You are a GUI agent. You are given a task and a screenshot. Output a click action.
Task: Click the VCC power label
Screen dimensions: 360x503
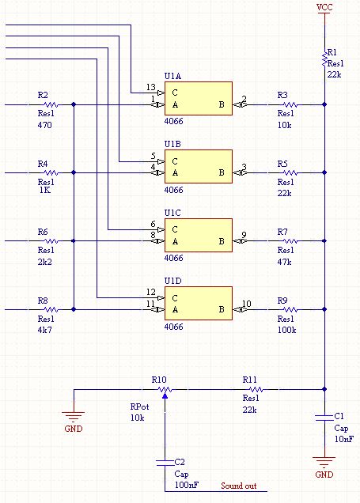pyautogui.click(x=324, y=7)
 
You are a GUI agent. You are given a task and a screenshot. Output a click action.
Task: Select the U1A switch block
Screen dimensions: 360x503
pyautogui.click(x=199, y=98)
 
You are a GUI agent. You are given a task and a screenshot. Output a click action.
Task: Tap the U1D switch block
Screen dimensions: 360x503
pyautogui.click(x=199, y=303)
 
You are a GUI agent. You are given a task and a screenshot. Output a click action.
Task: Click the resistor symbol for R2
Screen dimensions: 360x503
pyautogui.click(x=51, y=104)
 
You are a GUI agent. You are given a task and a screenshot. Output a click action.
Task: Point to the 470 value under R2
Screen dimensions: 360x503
pyautogui.click(x=44, y=125)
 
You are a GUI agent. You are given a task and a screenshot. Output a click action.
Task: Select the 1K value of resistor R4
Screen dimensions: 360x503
pyautogui.click(x=44, y=190)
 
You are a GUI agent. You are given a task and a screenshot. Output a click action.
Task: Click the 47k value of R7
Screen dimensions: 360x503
pyautogui.click(x=284, y=262)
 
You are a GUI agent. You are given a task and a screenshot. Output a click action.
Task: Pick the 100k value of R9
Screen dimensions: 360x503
pyautogui.click(x=287, y=330)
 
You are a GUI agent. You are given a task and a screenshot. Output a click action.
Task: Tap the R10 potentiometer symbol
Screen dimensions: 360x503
pyautogui.click(x=165, y=391)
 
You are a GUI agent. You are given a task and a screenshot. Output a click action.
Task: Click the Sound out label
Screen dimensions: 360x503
pyautogui.click(x=239, y=486)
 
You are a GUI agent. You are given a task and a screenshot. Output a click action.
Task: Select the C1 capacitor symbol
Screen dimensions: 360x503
pyautogui.click(x=324, y=418)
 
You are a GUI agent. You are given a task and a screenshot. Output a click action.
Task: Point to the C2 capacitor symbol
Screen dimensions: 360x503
pyautogui.click(x=165, y=463)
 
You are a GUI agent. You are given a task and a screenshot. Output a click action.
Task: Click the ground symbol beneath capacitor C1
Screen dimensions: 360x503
pyautogui.click(x=324, y=462)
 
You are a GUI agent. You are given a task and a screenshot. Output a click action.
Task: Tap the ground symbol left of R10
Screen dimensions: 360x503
pyautogui.click(x=74, y=417)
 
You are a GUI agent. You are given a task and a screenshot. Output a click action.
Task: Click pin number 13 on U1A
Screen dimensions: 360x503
pyautogui.click(x=151, y=87)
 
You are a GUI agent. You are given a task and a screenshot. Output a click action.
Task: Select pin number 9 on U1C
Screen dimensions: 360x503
pyautogui.click(x=244, y=235)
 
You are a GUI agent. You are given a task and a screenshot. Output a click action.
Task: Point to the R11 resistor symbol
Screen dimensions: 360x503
pyautogui.click(x=256, y=389)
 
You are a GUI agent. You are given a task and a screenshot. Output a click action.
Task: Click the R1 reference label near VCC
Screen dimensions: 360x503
pyautogui.click(x=332, y=52)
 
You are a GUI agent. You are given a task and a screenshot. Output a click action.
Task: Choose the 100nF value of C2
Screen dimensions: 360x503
pyautogui.click(x=187, y=485)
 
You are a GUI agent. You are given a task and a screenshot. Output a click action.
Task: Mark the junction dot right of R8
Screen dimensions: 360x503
pyautogui.click(x=74, y=309)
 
